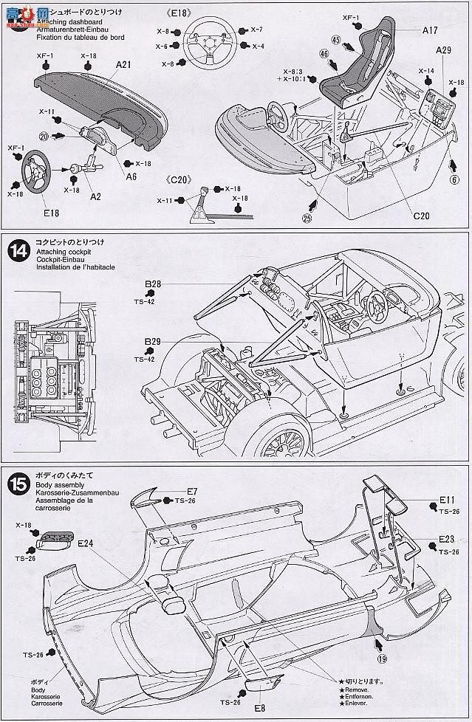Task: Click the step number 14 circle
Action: (x=17, y=251)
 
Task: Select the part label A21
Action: (x=123, y=65)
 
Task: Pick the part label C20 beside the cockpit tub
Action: (x=421, y=216)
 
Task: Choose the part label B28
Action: (x=153, y=283)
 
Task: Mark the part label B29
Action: (x=153, y=341)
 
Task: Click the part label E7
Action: (x=192, y=491)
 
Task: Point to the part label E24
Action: (x=86, y=543)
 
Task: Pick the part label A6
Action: (x=131, y=176)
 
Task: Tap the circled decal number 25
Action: (x=306, y=217)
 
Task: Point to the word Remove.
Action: (x=357, y=690)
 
